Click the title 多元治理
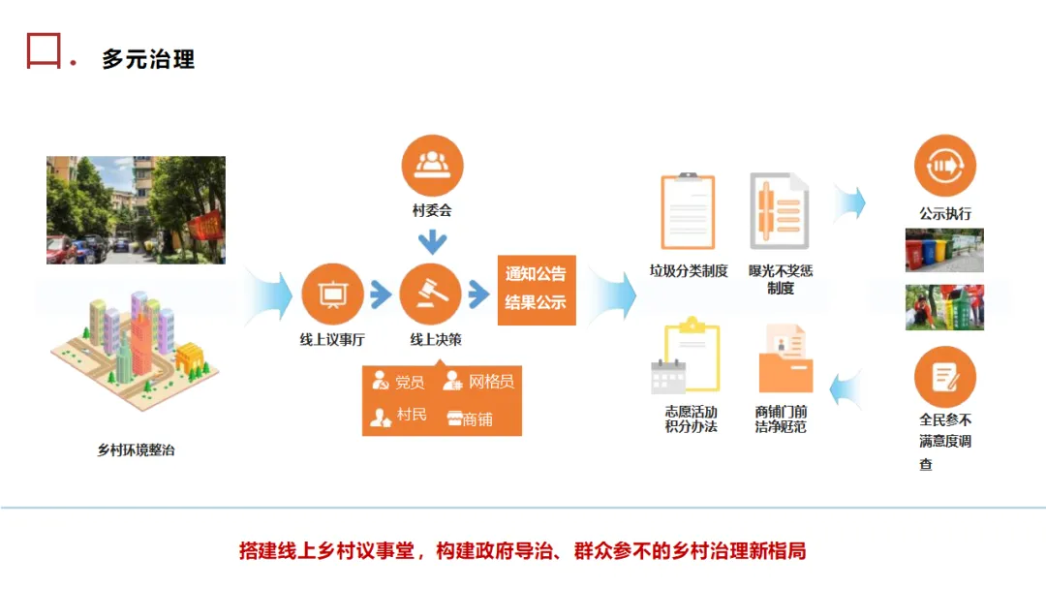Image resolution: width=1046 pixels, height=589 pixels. pyautogui.click(x=148, y=59)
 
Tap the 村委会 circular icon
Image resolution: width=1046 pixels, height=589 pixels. pyautogui.click(x=432, y=166)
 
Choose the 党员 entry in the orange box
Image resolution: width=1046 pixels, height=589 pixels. pyautogui.click(x=399, y=382)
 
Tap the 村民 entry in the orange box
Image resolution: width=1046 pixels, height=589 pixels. pyautogui.click(x=399, y=416)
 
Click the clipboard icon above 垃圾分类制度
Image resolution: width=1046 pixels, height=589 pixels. pyautogui.click(x=688, y=211)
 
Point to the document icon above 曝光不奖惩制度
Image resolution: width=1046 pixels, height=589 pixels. pyautogui.click(x=780, y=211)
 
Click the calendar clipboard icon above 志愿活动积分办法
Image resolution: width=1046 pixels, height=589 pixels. pyautogui.click(x=687, y=358)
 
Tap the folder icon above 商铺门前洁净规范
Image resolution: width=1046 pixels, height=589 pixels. pyautogui.click(x=784, y=358)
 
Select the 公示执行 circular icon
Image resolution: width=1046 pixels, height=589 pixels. pyautogui.click(x=944, y=166)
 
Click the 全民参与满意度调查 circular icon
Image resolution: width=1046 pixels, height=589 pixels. pyautogui.click(x=944, y=377)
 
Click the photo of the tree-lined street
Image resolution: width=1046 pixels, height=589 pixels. pyautogui.click(x=136, y=210)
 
